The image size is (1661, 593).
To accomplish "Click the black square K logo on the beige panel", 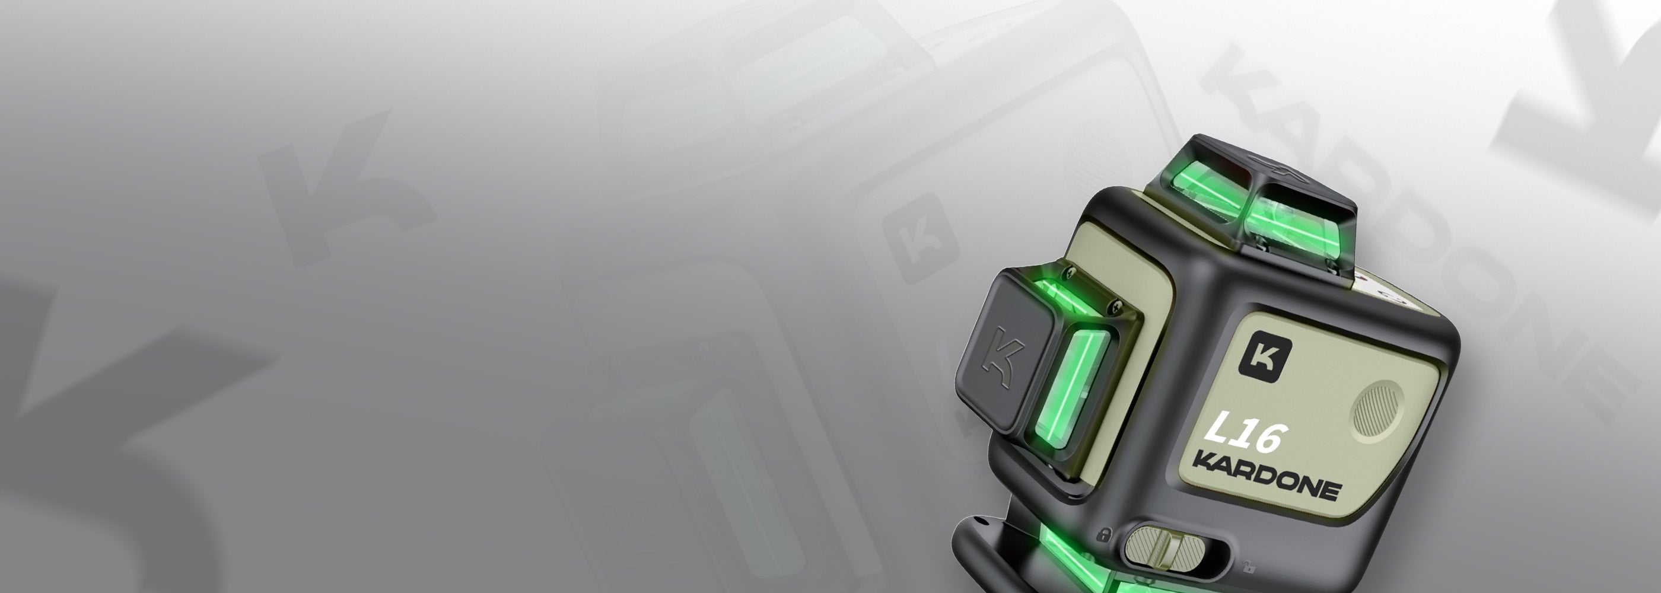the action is [1265, 356].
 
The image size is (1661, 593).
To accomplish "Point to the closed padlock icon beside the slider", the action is [1104, 534].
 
